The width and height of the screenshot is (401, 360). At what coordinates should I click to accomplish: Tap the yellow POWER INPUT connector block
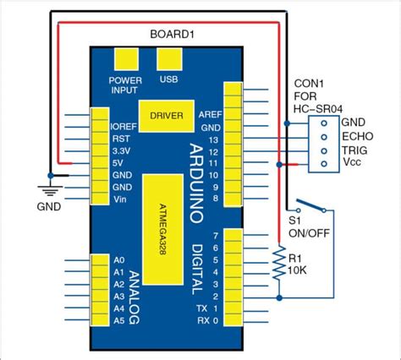click(126, 59)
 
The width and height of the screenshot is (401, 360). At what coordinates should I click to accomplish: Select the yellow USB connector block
click(168, 59)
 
